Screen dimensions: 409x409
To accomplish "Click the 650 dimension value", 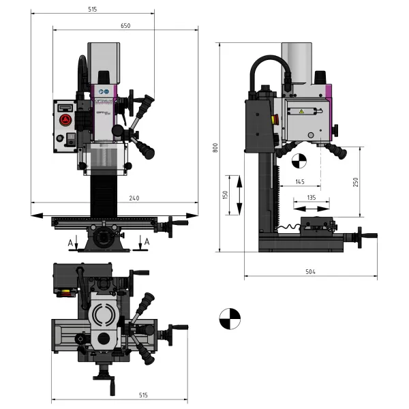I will coord(125,25).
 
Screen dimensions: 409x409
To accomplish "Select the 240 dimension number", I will coord(134,198).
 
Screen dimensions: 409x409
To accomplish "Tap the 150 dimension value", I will coord(225,195).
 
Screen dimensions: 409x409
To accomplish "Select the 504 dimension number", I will coord(310,271).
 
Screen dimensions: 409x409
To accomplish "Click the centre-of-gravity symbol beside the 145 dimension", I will coord(297,162).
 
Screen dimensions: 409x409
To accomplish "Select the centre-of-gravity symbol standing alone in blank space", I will coord(230,318).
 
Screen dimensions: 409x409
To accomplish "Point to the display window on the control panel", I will coord(65,106).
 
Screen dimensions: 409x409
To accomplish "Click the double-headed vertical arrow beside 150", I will coord(239,195).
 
